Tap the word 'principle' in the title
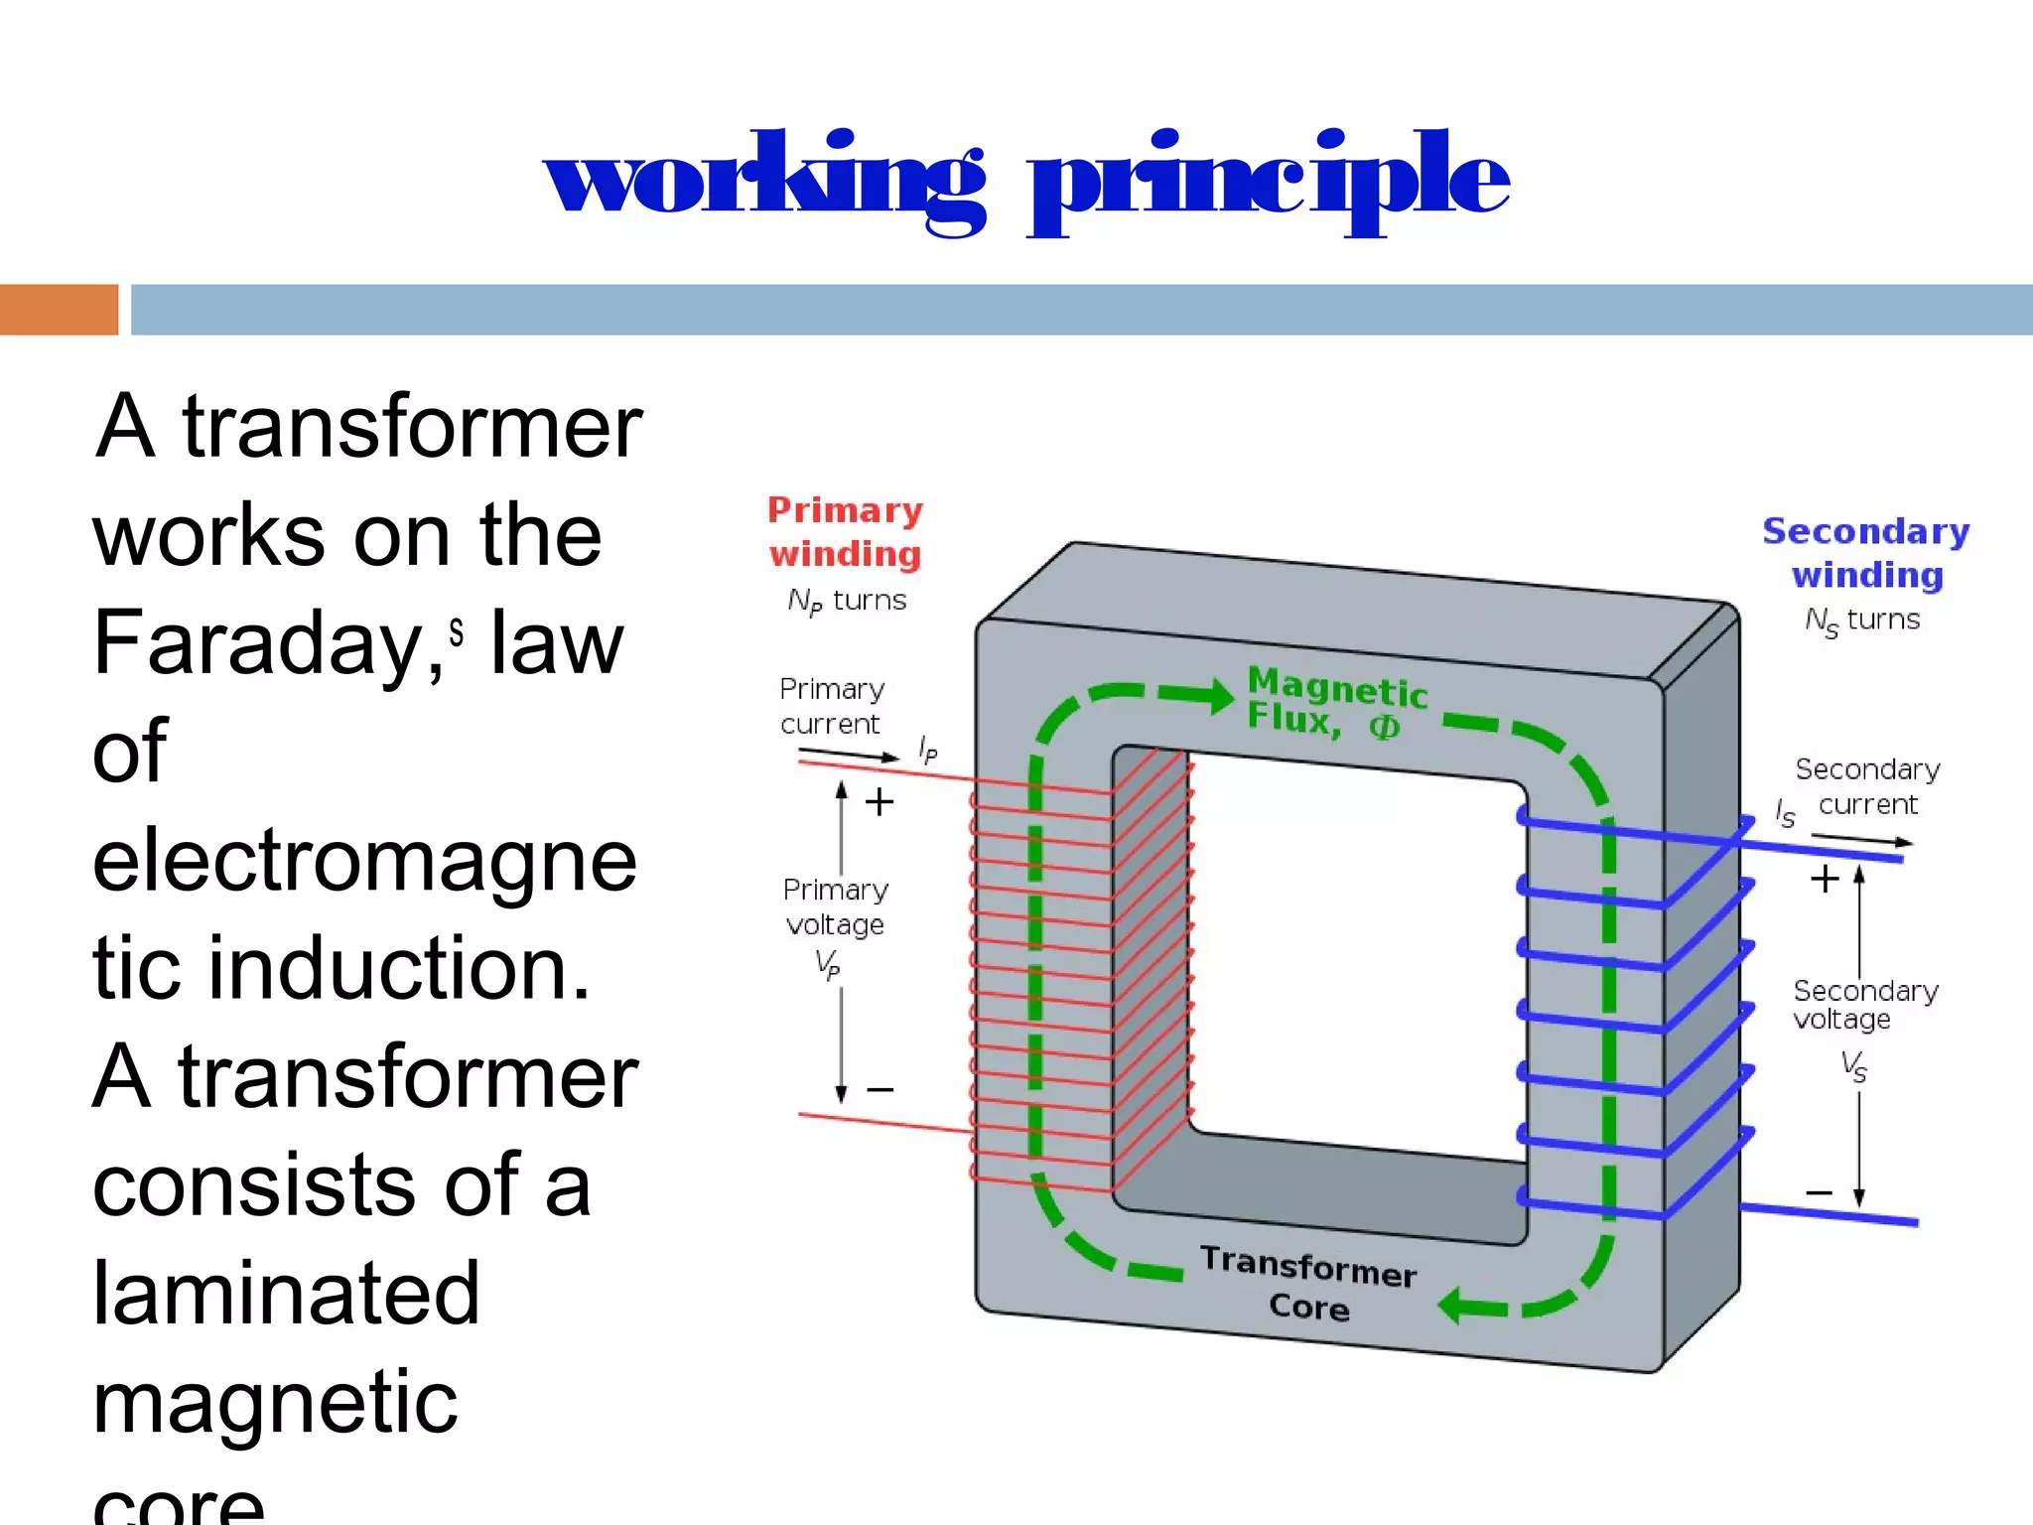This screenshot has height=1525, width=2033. coord(1269,184)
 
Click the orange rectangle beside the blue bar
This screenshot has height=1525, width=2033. coord(59,310)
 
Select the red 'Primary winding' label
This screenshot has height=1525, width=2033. coord(845,532)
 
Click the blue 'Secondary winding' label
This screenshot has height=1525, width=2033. coord(1866,553)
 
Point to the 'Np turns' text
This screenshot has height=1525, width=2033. coord(847,601)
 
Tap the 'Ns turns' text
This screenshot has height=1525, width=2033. coord(1862,621)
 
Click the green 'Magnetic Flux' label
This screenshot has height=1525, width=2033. coord(1336,703)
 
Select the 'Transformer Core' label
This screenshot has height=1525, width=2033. coord(1308,1284)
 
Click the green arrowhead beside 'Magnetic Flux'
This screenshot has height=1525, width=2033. coord(1219,696)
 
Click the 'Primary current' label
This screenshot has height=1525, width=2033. coord(831,706)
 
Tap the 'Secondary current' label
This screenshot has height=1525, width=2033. coord(1867,786)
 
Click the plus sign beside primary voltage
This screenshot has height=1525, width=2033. coord(880,801)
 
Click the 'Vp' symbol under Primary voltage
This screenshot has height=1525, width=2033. coord(827,963)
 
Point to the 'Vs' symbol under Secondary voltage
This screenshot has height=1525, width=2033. coord(1853,1066)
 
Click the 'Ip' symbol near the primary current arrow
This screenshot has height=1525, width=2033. coord(927,749)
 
